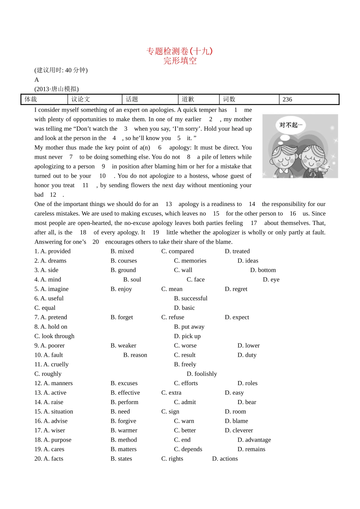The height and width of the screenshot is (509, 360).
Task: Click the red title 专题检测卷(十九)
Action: pyautogui.click(x=180, y=51)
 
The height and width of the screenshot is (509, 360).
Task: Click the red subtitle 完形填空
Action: pyautogui.click(x=180, y=61)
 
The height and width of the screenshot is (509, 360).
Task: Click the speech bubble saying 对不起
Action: pyautogui.click(x=291, y=125)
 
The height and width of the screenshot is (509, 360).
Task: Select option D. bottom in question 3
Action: pyautogui.click(x=263, y=270)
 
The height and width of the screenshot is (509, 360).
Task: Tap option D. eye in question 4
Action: pyautogui.click(x=271, y=279)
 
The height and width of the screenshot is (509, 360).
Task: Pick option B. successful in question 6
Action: pyautogui.click(x=191, y=298)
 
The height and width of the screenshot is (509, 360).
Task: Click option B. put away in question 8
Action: pyautogui.click(x=189, y=327)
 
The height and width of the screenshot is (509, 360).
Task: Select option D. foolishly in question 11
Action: pyautogui.click(x=202, y=374)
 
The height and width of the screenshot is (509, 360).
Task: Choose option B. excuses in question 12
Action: pyautogui.click(x=124, y=383)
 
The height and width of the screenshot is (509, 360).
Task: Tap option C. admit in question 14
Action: pyautogui.click(x=185, y=402)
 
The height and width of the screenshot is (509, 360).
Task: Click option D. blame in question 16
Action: pyautogui.click(x=236, y=421)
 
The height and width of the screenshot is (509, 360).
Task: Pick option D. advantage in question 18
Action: pyautogui.click(x=254, y=440)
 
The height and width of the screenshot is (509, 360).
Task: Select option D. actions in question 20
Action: pyautogui.click(x=225, y=459)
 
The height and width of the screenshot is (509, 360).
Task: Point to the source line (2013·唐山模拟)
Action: pyautogui.click(x=56, y=89)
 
